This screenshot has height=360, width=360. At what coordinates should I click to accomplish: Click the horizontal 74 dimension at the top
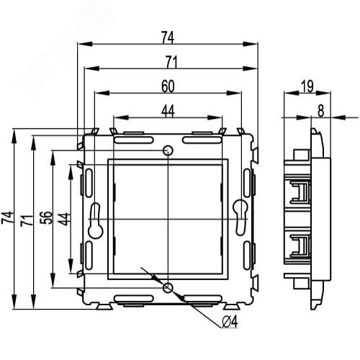pyautogui.click(x=167, y=35)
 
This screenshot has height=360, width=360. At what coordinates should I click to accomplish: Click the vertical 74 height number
pyautogui.click(x=8, y=218)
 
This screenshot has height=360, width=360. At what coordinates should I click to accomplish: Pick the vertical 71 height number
pyautogui.click(x=27, y=218)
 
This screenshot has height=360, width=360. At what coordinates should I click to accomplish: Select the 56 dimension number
pyautogui.click(x=46, y=218)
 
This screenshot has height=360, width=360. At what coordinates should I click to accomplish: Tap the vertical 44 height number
pyautogui.click(x=64, y=218)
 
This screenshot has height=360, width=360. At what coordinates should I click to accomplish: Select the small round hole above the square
pyautogui.click(x=168, y=150)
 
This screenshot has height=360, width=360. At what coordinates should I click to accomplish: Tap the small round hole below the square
pyautogui.click(x=168, y=288)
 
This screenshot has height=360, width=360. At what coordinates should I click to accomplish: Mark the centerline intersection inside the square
pyautogui.click(x=168, y=218)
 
